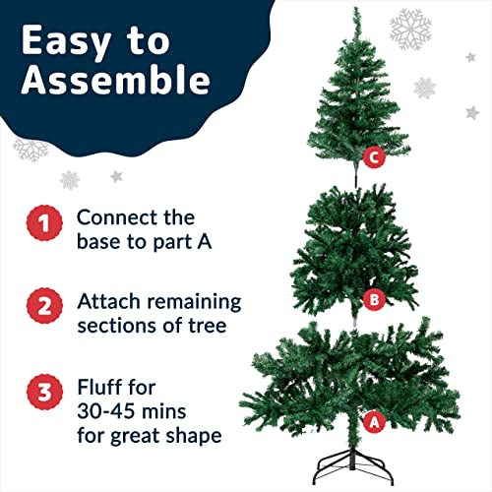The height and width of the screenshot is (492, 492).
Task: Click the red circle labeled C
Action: tap(372, 155)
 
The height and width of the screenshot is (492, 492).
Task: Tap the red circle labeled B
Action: tap(371, 298)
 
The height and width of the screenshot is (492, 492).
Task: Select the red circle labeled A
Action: tap(372, 421)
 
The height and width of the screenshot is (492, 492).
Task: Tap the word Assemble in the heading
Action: tap(115, 83)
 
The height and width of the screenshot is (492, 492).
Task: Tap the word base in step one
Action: tap(99, 240)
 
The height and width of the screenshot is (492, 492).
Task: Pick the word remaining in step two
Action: tap(191, 301)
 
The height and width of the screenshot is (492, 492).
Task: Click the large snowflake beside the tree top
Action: tap(410, 30)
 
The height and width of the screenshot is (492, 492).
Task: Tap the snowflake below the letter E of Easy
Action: tap(30, 150)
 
